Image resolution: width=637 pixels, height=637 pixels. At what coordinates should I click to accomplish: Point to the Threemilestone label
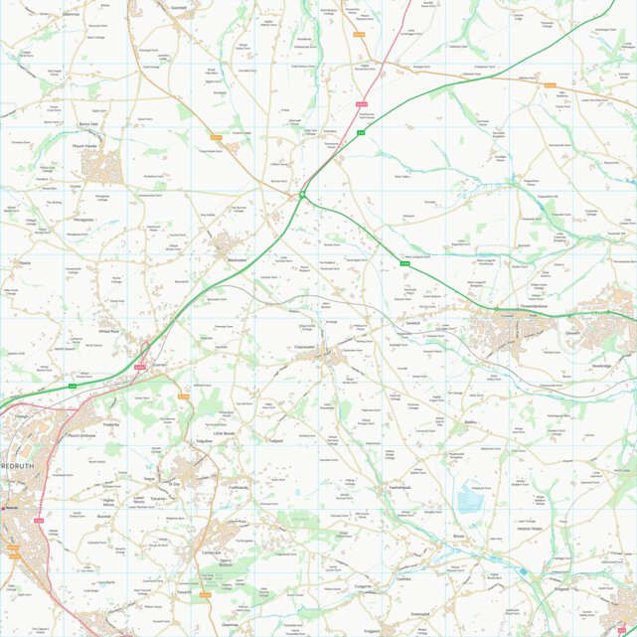pyautogui.click(x=542, y=307)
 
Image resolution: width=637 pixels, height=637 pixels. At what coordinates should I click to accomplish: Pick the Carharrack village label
pyautogui.click(x=211, y=553)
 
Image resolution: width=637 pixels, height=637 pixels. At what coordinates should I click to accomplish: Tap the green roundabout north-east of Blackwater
pyautogui.click(x=302, y=195)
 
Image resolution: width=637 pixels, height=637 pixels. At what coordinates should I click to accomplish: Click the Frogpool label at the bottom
pyautogui.click(x=373, y=630)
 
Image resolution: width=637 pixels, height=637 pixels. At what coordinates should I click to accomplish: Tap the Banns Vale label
pyautogui.click(x=90, y=124)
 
